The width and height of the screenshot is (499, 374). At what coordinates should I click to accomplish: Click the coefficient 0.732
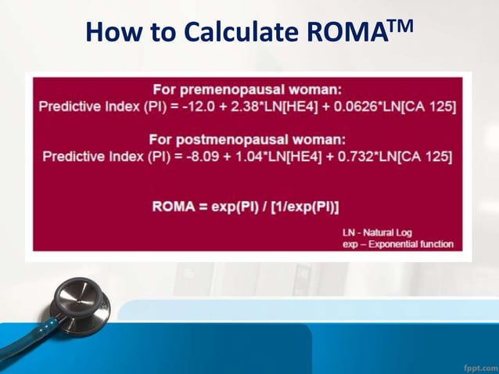pyautogui.click(x=346, y=156)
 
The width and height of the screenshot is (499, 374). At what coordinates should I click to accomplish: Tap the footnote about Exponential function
pyautogui.click(x=398, y=244)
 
